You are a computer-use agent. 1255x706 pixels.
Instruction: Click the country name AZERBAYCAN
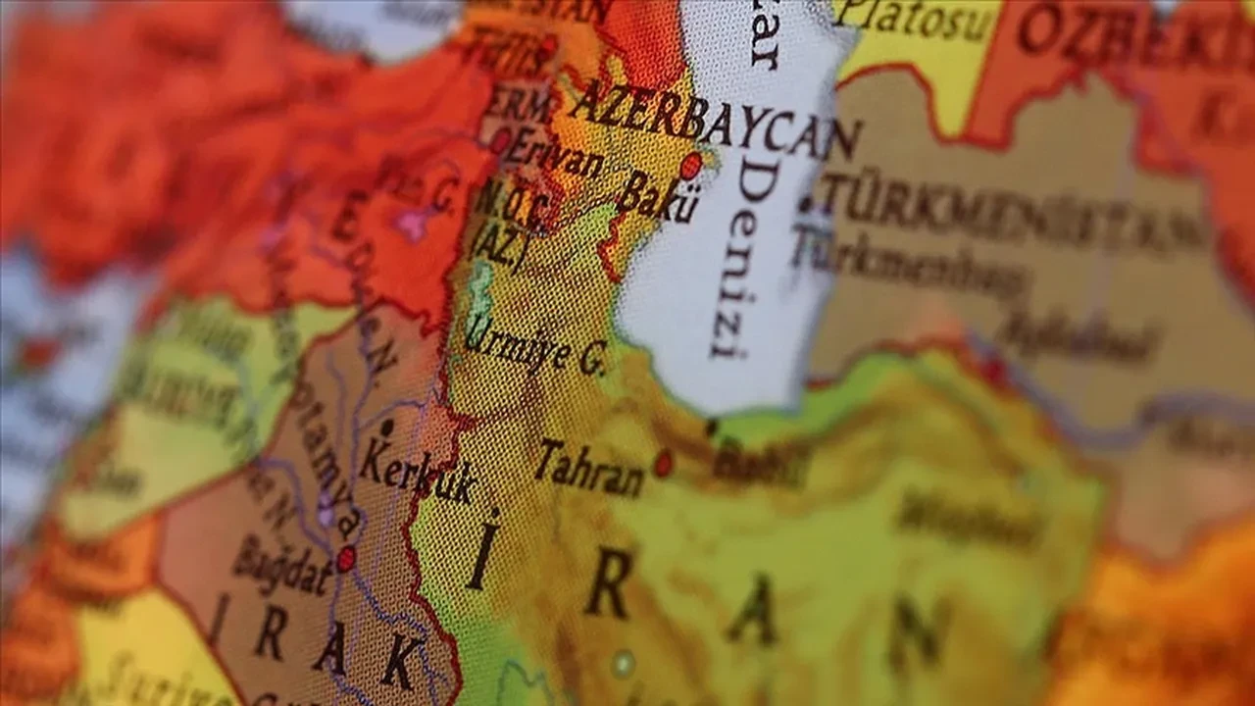(x=715, y=122)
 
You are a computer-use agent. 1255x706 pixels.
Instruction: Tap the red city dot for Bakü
(x=690, y=165)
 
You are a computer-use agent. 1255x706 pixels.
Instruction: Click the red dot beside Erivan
(x=501, y=140)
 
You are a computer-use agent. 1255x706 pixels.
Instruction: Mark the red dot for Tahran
(x=664, y=463)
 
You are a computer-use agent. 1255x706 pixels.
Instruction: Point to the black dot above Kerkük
(x=386, y=428)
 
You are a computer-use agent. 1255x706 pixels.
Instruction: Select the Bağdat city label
(x=282, y=565)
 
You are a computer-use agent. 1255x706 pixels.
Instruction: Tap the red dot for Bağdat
(x=345, y=559)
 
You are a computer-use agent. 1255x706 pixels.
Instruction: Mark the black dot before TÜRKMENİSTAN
(x=806, y=205)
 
